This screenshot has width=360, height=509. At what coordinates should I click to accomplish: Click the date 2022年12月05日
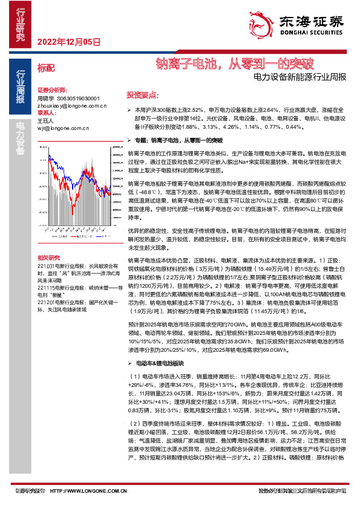68,42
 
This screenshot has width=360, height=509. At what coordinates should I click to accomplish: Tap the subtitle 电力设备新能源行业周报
300,77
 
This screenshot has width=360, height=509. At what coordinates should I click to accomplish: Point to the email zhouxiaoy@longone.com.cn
71,105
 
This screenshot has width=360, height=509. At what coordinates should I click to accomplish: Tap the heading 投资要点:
142,95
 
